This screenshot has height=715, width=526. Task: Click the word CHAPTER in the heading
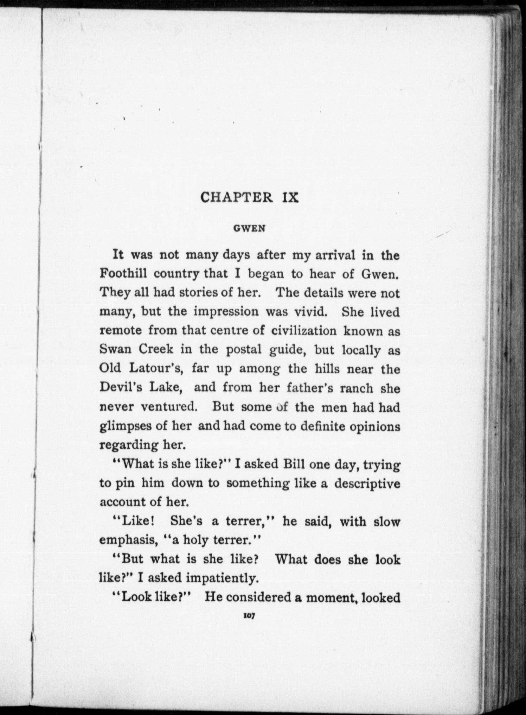pos(236,197)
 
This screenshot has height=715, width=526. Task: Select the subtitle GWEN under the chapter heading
pos(249,228)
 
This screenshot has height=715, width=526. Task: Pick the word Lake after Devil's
pos(166,387)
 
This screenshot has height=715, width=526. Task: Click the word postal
pos(243,350)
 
